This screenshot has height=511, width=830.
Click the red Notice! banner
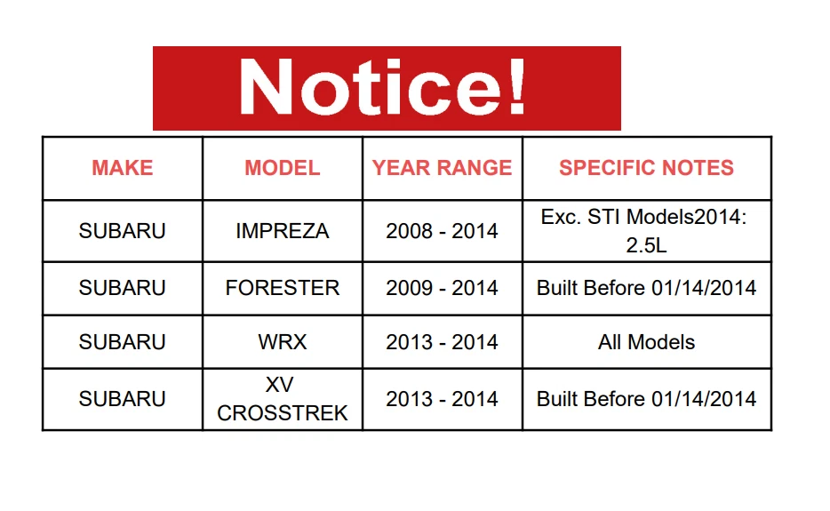(x=387, y=88)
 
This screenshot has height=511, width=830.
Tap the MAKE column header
(x=123, y=168)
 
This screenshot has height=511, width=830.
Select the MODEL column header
(x=282, y=168)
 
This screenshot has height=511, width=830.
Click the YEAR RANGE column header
(x=442, y=168)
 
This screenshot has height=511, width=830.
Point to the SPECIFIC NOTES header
(x=646, y=168)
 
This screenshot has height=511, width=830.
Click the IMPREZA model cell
(x=282, y=231)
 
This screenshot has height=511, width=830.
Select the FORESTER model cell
(x=282, y=288)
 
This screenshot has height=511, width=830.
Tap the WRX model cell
(x=282, y=342)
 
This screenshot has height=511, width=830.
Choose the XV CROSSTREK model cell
(x=282, y=399)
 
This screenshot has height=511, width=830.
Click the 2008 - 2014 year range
(x=442, y=231)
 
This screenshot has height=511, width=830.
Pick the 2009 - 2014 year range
(x=442, y=288)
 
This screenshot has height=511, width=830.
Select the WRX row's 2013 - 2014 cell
(x=442, y=342)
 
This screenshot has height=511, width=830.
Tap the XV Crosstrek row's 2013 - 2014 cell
(x=442, y=399)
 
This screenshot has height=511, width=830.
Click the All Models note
(x=646, y=342)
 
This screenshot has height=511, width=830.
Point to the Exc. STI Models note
(x=644, y=231)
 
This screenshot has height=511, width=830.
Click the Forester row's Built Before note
(x=646, y=288)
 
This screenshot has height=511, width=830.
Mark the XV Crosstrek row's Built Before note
(x=646, y=399)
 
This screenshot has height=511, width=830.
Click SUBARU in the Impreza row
(x=123, y=231)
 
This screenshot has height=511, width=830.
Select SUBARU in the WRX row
(x=123, y=342)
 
